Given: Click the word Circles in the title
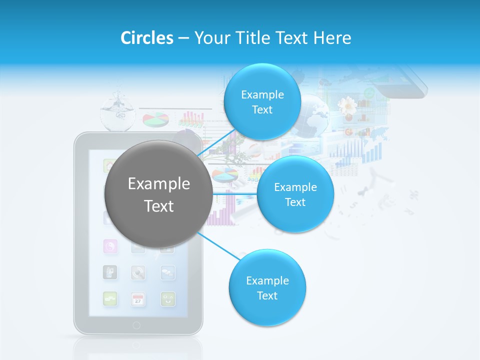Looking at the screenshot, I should click(x=147, y=38).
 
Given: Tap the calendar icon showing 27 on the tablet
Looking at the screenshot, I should click(x=138, y=299).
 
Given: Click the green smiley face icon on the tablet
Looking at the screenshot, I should click(x=168, y=299).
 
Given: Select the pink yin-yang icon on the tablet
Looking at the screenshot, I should click(x=110, y=245).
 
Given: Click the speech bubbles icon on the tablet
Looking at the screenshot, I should click(x=168, y=272).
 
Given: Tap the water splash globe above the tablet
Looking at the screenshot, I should click(x=117, y=112).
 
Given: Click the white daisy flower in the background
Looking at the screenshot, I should click(x=346, y=106).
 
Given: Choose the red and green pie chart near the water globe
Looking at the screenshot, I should click(x=155, y=120).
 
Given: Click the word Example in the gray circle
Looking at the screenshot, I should click(x=158, y=183).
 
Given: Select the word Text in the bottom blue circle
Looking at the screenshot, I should click(x=267, y=295).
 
